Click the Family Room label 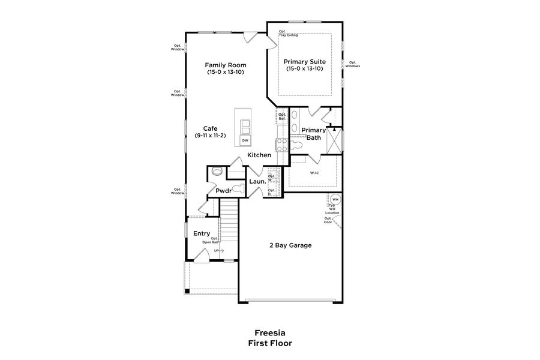click(x=225, y=65)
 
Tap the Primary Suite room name click(x=305, y=61)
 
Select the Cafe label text click(x=210, y=128)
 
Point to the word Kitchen click(x=260, y=155)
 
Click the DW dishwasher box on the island click(x=245, y=140)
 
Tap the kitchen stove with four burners click(x=281, y=144)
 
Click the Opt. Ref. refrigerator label click(x=281, y=116)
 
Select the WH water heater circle click(x=335, y=199)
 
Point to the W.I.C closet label click(x=314, y=174)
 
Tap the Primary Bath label click(x=313, y=134)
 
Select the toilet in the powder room click(x=236, y=189)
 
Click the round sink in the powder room click(x=217, y=172)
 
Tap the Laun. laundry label click(x=257, y=181)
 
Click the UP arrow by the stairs click(x=218, y=250)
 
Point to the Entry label click(x=202, y=233)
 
